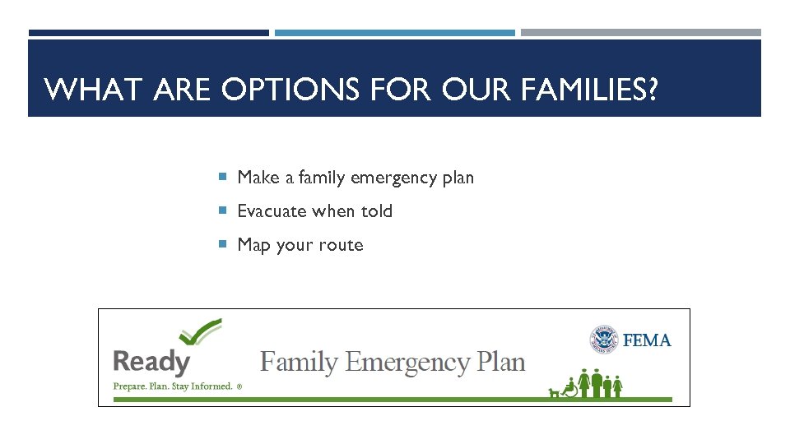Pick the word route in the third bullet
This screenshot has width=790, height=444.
coord(341,245)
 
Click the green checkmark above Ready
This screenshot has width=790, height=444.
coord(201,333)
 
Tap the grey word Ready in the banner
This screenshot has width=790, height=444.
coord(151,362)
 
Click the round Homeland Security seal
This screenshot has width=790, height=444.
coord(603,340)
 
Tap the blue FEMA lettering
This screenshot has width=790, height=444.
coord(648,340)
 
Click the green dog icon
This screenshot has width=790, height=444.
coord(553,392)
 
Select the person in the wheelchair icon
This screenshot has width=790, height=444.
coord(569,388)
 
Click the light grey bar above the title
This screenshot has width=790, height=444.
coord(640,33)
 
